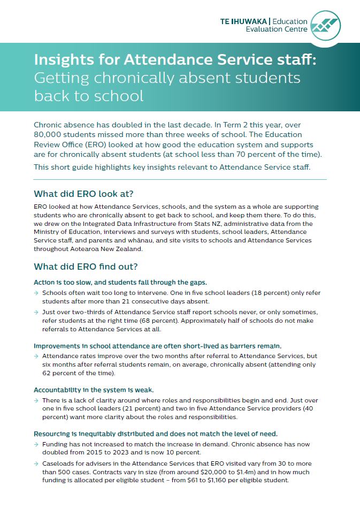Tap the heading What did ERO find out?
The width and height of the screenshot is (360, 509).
pos(86,267)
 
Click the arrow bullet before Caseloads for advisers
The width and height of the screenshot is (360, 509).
pos(36,464)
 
